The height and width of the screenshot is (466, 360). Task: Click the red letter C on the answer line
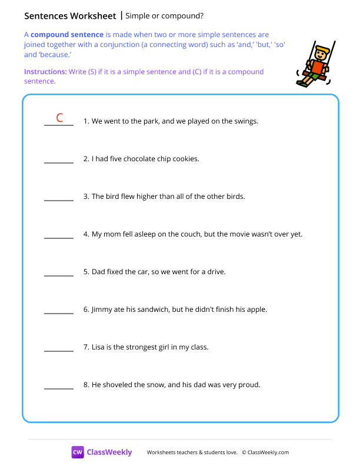pos(59,118)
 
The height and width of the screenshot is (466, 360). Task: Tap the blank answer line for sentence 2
pos(59,162)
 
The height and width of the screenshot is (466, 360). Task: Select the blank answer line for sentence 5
pos(59,275)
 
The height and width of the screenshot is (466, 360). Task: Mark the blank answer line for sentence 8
pos(59,388)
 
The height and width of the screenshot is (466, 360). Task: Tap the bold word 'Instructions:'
pos(45,72)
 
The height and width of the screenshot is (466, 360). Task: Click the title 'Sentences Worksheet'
pos(70,15)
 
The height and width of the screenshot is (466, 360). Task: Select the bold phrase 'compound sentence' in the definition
pos(67,35)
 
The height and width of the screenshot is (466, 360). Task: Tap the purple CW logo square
pos(78,452)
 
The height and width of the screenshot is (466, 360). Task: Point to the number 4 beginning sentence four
pos(86,234)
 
